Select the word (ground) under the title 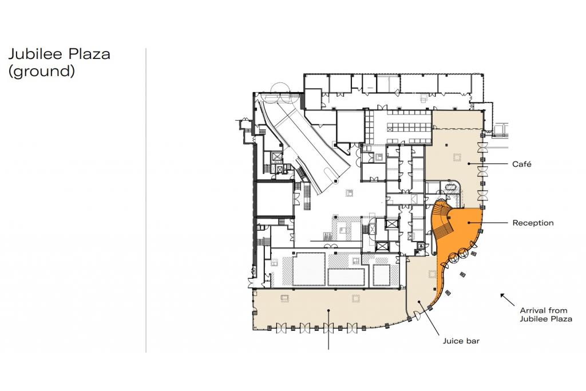click(41, 71)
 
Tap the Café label click(522, 164)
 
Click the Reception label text click(533, 223)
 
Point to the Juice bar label click(461, 341)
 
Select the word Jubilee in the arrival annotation click(533, 319)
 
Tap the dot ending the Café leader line click(469, 164)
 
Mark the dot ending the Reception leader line click(468, 223)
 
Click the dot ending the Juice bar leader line click(419, 302)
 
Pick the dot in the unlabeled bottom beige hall click(328, 310)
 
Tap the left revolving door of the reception click(454, 256)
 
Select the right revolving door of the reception click(464, 252)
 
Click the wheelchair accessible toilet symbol click(422, 246)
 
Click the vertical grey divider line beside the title click(146, 200)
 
